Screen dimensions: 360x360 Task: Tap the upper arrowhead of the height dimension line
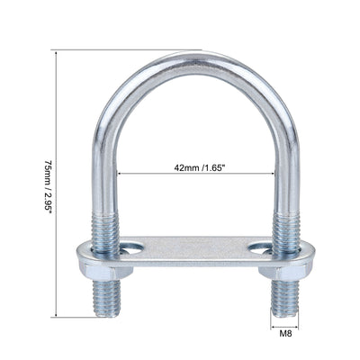click(58, 53)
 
